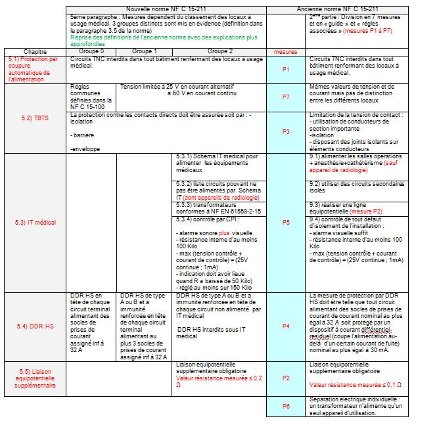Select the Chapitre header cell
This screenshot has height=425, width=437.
(x=35, y=51)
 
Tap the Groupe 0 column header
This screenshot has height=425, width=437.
(x=91, y=51)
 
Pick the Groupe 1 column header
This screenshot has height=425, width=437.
(x=144, y=51)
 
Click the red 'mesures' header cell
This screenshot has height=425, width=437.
(x=286, y=51)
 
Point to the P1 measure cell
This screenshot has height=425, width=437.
(x=286, y=69)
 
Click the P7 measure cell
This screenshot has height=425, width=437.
(x=286, y=97)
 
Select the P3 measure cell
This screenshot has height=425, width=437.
(x=286, y=131)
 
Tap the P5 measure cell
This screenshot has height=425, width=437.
(x=286, y=223)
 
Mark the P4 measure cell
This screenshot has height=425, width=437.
(x=286, y=326)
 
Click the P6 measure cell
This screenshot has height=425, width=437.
(x=286, y=406)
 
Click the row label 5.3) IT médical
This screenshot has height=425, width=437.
(x=35, y=223)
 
